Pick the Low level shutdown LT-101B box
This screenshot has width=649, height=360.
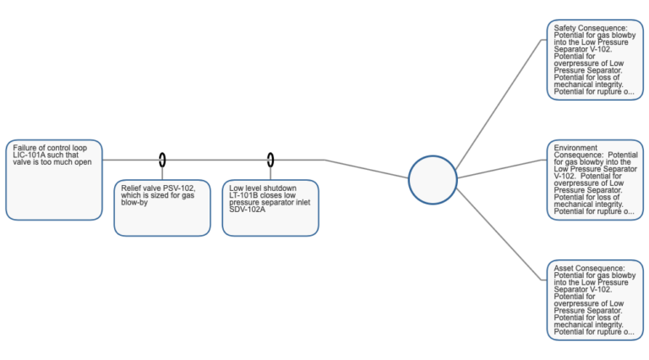click(x=271, y=206)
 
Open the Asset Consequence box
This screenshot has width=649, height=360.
click(x=593, y=299)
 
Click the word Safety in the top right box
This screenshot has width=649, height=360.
click(x=565, y=27)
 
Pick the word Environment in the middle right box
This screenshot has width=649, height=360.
click(x=575, y=147)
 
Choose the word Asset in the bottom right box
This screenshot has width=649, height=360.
click(x=564, y=267)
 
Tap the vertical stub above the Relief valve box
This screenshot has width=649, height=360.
click(x=163, y=168)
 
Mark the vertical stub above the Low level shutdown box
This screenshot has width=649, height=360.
click(x=271, y=168)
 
